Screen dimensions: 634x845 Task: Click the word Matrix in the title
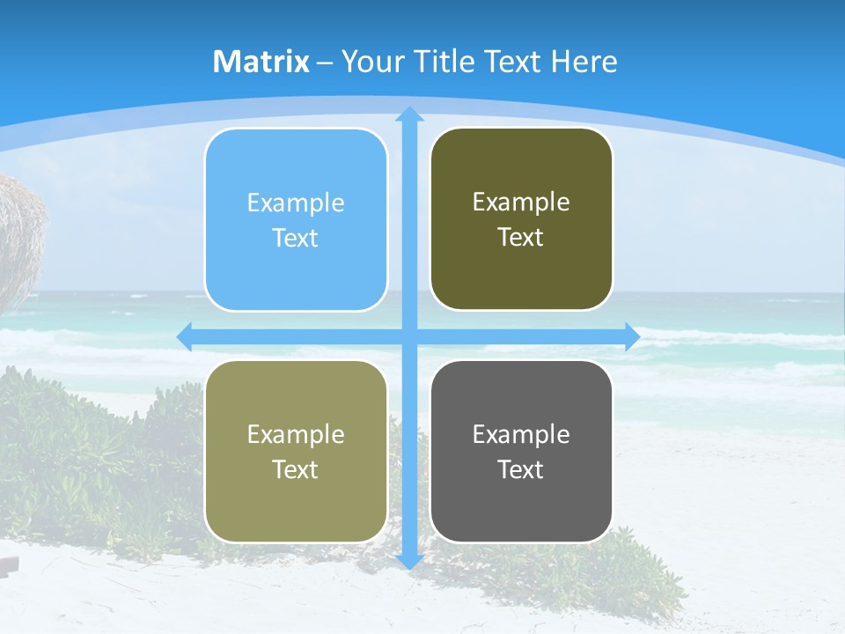(x=261, y=62)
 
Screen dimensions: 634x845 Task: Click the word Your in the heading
(x=371, y=62)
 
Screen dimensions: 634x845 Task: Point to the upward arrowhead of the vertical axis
(x=409, y=114)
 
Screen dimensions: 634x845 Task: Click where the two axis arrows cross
(x=409, y=336)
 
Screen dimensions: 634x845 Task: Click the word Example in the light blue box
(x=296, y=203)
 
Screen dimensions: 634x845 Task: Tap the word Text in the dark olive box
(x=521, y=238)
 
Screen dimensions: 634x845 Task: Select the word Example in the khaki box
(x=296, y=434)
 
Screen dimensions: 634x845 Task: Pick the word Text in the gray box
(x=521, y=469)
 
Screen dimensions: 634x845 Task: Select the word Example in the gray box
(x=521, y=434)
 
